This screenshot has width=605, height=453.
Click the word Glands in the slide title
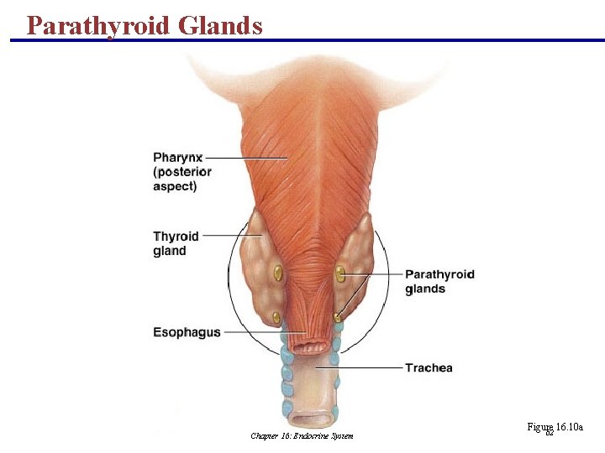219,25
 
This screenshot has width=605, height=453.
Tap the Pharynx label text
178,157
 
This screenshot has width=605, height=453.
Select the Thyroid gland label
176,243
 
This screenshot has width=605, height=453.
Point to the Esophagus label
187,332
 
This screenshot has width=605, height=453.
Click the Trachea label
429,367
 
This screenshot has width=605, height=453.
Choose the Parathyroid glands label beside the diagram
439,281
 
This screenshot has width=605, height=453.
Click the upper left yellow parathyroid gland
277,272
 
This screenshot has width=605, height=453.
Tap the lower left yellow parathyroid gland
276,317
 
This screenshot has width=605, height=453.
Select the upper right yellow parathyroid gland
340,273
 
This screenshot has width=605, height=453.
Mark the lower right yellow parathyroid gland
337,317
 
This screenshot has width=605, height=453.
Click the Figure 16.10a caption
555,428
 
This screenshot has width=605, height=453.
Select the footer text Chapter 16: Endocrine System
302,435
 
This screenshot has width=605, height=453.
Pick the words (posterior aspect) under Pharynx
182,179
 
